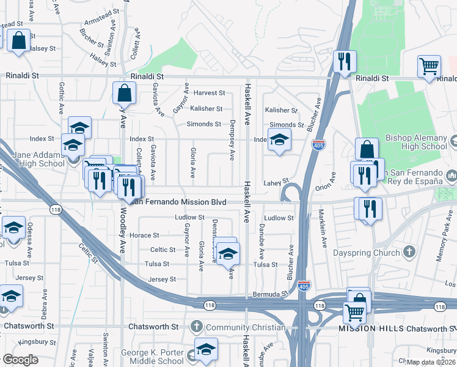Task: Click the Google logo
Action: coord(21,360)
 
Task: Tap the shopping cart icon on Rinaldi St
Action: coord(430,66)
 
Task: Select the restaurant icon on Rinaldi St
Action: coord(344,62)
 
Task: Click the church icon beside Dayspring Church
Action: coord(410,252)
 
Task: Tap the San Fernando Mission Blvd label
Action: coord(180,201)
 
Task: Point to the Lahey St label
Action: coord(276,182)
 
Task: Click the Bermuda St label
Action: coord(270,294)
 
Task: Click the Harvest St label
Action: coord(210,93)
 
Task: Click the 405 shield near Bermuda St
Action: coord(304,286)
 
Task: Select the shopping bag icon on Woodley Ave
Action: coord(124,94)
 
